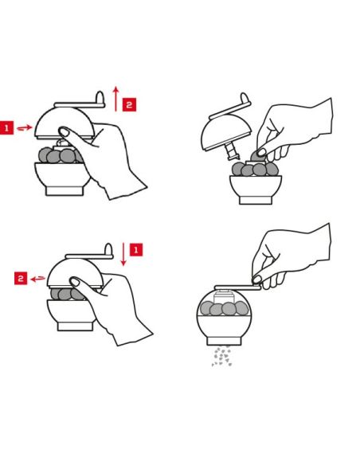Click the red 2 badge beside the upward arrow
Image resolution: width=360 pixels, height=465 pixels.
(129, 104)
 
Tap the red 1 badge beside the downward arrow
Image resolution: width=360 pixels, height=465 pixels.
(136, 250)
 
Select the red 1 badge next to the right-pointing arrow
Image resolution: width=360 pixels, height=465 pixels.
(6, 128)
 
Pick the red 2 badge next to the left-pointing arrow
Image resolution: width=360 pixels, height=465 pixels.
(21, 278)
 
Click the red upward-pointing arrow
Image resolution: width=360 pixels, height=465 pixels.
(116, 99)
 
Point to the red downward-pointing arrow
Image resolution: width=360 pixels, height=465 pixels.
(123, 254)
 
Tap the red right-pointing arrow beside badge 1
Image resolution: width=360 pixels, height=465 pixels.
(25, 128)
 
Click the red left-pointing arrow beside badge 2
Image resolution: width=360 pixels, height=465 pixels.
(38, 279)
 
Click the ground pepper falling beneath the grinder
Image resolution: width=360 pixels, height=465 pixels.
(221, 356)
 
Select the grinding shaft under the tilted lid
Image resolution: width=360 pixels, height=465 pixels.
(233, 150)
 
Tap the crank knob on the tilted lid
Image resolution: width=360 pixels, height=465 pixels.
(245, 98)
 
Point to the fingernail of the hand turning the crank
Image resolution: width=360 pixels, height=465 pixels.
(256, 279)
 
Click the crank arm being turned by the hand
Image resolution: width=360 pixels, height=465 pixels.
(237, 287)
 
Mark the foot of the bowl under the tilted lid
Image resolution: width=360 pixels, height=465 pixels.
(256, 200)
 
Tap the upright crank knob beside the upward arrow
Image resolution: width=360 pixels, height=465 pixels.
(100, 97)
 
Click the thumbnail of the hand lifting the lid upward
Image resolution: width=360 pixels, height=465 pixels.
(64, 131)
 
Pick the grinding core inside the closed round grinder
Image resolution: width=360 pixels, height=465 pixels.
(223, 297)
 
